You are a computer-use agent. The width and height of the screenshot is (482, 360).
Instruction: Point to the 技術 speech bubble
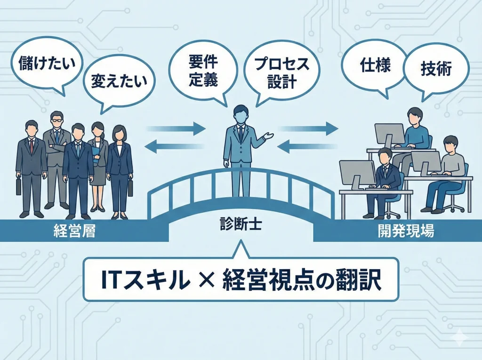pyautogui.click(x=435, y=69)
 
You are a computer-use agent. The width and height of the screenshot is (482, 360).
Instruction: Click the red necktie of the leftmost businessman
pyautogui.click(x=32, y=146)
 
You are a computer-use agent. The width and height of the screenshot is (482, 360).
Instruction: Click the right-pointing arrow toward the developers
pyautogui.click(x=310, y=127)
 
